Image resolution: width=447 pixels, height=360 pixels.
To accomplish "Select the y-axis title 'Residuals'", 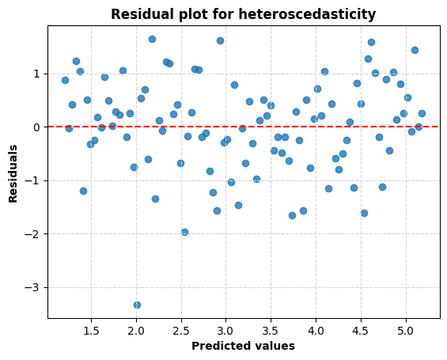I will click(13, 172).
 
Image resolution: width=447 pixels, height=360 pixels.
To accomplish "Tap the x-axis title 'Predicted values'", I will click(243, 346).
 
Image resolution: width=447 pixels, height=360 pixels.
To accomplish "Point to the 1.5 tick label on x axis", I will click(91, 329).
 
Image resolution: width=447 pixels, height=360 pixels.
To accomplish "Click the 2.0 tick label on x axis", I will click(136, 329).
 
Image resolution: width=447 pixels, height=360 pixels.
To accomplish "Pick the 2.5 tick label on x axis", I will click(181, 329).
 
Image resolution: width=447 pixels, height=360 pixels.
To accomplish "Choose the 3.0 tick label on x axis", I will click(226, 329).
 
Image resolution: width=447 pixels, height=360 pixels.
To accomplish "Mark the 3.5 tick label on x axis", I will click(271, 329).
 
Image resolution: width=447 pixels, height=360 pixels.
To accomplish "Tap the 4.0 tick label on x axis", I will click(316, 329).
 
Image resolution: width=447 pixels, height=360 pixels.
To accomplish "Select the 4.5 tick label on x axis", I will click(362, 329).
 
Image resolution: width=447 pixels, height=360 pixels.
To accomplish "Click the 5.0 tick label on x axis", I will click(407, 329).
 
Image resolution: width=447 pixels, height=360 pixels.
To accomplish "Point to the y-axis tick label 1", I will click(37, 74).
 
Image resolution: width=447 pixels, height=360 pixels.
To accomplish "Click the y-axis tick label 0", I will click(37, 127).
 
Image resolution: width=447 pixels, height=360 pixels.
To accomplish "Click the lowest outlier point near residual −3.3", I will click(137, 305).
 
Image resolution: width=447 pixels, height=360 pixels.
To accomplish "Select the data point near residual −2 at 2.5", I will click(184, 232).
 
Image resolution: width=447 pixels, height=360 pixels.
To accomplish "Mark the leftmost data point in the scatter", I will click(65, 80).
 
